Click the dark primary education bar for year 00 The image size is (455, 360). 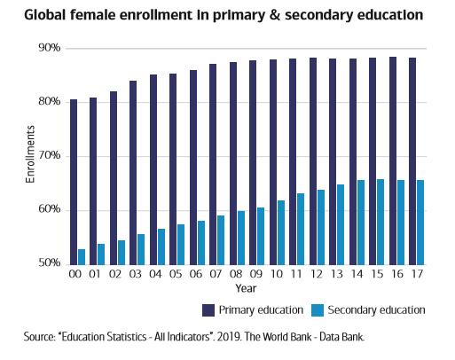(74, 182)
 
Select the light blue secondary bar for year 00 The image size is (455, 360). (82, 256)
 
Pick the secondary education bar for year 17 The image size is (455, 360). (420, 222)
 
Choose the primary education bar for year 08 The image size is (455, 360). (233, 163)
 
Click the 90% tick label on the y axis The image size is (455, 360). (49, 48)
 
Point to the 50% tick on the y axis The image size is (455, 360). (49, 264)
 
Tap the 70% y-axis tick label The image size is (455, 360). (49, 156)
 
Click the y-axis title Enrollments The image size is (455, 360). (29, 156)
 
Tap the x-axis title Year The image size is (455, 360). (246, 288)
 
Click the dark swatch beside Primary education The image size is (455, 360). (209, 310)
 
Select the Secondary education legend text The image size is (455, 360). (377, 310)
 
